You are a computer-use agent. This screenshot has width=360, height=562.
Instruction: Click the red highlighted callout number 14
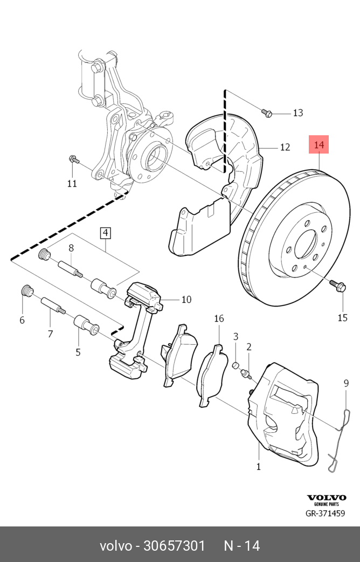point(319,144)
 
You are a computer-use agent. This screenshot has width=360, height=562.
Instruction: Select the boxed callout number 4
point(105,233)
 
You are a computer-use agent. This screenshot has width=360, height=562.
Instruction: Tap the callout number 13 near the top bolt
point(297,113)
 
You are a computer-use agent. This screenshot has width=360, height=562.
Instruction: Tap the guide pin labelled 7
point(52,306)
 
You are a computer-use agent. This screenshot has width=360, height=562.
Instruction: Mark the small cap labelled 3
point(236,366)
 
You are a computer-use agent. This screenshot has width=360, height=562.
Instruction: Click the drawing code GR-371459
point(325,514)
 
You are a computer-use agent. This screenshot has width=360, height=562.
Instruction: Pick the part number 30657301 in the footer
point(174,545)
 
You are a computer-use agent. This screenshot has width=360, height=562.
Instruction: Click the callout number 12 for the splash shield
point(285,147)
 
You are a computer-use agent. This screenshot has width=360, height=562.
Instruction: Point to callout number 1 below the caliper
point(258,467)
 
